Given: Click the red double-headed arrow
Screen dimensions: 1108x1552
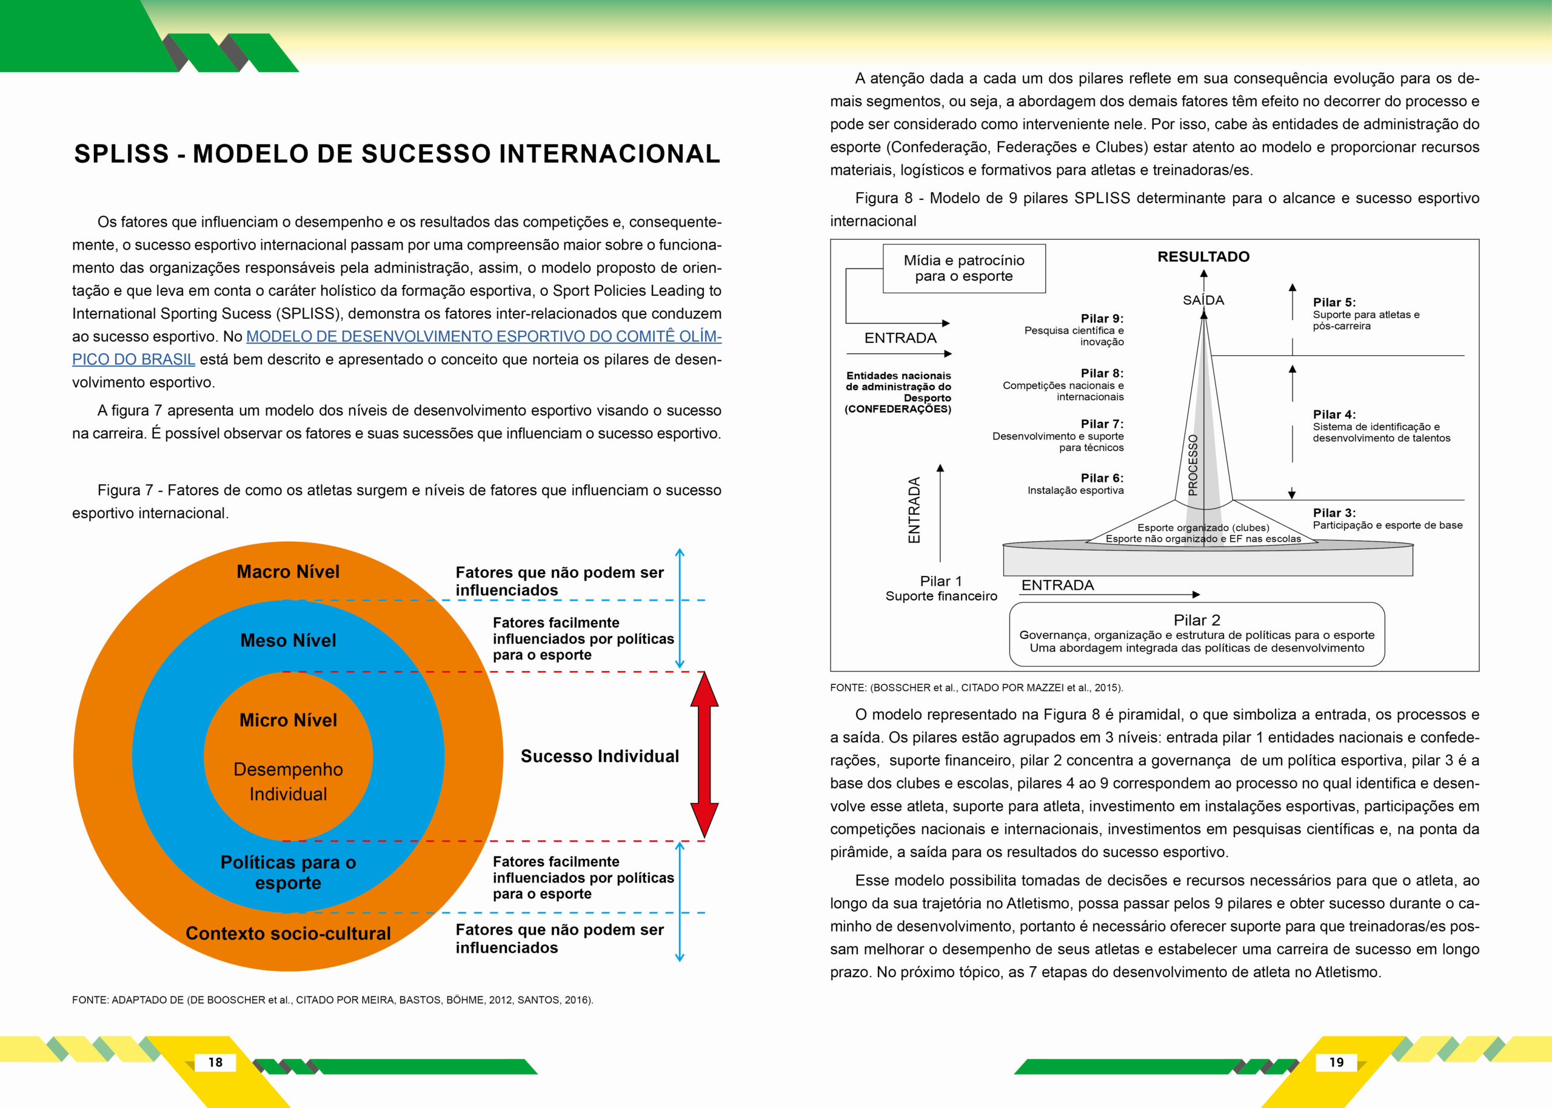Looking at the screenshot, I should point(704,755).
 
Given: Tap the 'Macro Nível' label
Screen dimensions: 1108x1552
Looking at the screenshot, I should point(288,572).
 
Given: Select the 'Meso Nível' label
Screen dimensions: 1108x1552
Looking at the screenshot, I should point(288,641).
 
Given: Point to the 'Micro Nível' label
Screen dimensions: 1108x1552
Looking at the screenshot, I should point(288,721).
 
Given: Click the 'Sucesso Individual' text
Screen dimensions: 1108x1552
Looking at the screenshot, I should point(600,756).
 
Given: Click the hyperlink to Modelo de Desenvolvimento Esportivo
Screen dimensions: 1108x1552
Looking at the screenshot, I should point(483,337).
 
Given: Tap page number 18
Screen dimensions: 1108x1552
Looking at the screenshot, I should point(216,1063).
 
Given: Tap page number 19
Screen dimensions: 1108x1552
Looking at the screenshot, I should point(1336,1063).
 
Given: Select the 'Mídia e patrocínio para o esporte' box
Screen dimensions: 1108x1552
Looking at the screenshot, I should point(963,268).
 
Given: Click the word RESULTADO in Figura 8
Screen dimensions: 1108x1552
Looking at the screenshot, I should point(1203,257).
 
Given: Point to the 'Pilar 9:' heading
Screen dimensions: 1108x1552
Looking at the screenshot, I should point(1102,319).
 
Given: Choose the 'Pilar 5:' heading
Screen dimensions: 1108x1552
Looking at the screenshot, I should point(1334,302).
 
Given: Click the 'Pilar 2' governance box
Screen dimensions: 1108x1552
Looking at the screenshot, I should point(1197,634).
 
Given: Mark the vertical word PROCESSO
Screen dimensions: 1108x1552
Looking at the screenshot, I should point(1192,465).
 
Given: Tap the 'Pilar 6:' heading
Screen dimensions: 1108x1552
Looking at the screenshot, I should point(1102,478).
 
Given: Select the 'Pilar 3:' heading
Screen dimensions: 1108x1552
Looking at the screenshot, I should point(1334,513).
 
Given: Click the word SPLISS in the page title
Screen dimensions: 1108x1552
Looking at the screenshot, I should point(121,154).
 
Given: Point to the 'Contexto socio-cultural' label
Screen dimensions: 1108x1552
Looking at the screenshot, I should point(288,933).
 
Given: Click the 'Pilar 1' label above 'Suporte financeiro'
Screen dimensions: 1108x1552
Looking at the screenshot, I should point(941,581).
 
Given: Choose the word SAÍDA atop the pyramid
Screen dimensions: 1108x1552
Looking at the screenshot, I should point(1203,300).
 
